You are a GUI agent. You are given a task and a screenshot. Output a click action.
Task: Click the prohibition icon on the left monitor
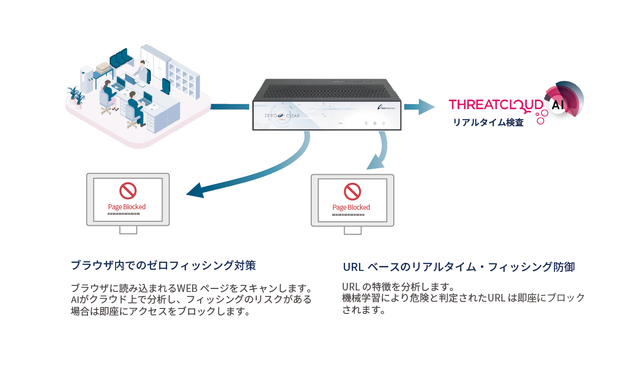(x=128, y=191)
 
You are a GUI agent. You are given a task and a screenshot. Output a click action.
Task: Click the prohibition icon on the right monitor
(x=352, y=191)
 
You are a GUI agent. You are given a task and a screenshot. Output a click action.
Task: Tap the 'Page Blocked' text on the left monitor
(x=127, y=207)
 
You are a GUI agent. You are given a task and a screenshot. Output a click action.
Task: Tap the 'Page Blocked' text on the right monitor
(x=351, y=207)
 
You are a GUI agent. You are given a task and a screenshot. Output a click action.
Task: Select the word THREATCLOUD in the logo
(x=495, y=105)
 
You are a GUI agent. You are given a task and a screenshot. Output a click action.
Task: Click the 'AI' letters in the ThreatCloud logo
(x=558, y=105)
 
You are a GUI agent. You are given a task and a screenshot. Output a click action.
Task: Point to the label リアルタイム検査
(x=488, y=123)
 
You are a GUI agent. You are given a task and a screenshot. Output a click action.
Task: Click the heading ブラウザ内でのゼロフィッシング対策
(x=163, y=265)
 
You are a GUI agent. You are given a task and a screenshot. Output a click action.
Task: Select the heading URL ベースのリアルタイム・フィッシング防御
(x=459, y=267)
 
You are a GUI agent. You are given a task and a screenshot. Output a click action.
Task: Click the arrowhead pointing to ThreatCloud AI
(x=426, y=107)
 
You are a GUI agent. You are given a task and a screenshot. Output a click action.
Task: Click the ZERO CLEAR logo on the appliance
(x=282, y=116)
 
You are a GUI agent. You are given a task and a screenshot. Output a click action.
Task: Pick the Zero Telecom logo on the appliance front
(x=387, y=107)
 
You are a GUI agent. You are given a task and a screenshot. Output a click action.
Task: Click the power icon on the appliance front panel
(x=383, y=123)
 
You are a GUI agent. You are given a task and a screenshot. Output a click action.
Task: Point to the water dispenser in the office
(x=86, y=79)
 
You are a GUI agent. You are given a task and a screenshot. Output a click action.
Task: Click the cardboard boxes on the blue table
(x=103, y=67)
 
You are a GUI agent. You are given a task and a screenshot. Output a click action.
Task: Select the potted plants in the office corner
(x=75, y=96)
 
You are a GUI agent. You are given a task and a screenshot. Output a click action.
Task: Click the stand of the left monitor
(x=128, y=229)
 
